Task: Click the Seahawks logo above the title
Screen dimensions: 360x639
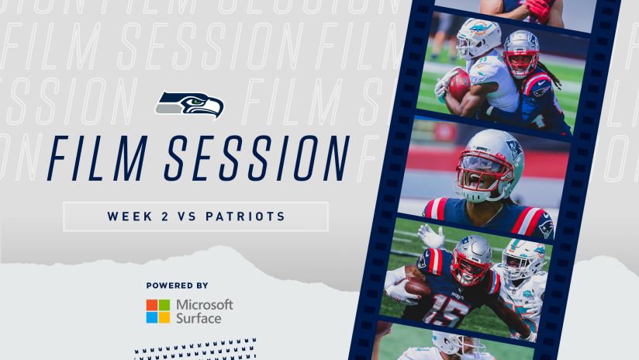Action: [x=189, y=105]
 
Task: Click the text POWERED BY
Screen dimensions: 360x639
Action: [x=177, y=286]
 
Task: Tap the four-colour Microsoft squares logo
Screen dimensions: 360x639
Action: [x=158, y=311]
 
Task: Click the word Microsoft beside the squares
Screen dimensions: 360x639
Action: [x=204, y=305]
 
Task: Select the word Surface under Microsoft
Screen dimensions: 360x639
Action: [x=199, y=318]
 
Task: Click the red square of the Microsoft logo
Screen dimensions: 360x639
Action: [x=152, y=305]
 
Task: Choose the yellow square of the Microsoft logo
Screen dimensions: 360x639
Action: [x=164, y=317]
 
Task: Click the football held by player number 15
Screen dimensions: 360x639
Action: [x=417, y=289]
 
